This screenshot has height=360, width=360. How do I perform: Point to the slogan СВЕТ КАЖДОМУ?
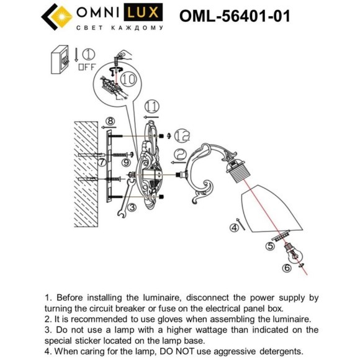pos(119,28)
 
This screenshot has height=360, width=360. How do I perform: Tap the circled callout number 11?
pos(151,106)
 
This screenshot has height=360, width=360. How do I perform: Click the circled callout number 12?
pos(181,134)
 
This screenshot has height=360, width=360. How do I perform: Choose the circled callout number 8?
pos(109,121)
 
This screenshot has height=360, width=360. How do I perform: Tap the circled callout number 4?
pos(234,228)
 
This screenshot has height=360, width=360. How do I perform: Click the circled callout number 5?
pos(269,246)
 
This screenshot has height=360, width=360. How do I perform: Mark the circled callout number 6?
pos(286,268)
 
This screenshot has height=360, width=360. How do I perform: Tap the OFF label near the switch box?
pos(86,66)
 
